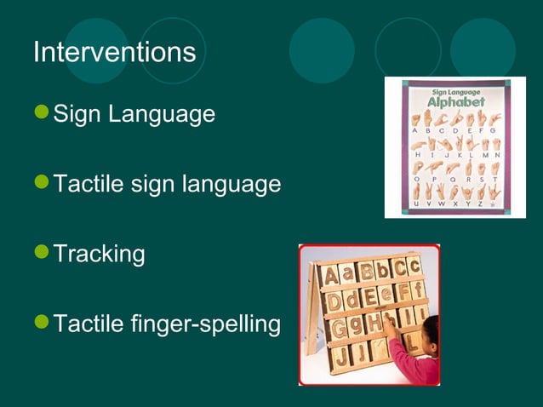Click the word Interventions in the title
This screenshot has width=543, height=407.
114,53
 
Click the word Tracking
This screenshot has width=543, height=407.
99,255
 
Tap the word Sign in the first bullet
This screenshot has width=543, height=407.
74,114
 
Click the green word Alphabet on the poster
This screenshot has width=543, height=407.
455,101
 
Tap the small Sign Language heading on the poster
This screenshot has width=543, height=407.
455,89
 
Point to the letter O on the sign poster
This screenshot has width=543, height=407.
416,180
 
